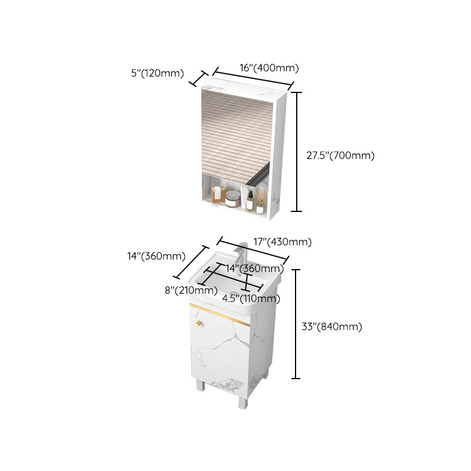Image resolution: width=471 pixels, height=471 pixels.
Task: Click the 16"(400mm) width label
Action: tap(269, 68)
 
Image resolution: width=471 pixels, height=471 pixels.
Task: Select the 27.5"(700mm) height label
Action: tap(340, 155)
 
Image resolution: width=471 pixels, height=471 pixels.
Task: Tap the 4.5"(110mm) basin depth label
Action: tap(251, 298)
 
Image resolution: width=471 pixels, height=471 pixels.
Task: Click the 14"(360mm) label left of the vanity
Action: tap(156, 256)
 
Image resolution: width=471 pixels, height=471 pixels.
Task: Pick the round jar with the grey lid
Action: tap(233, 199)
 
